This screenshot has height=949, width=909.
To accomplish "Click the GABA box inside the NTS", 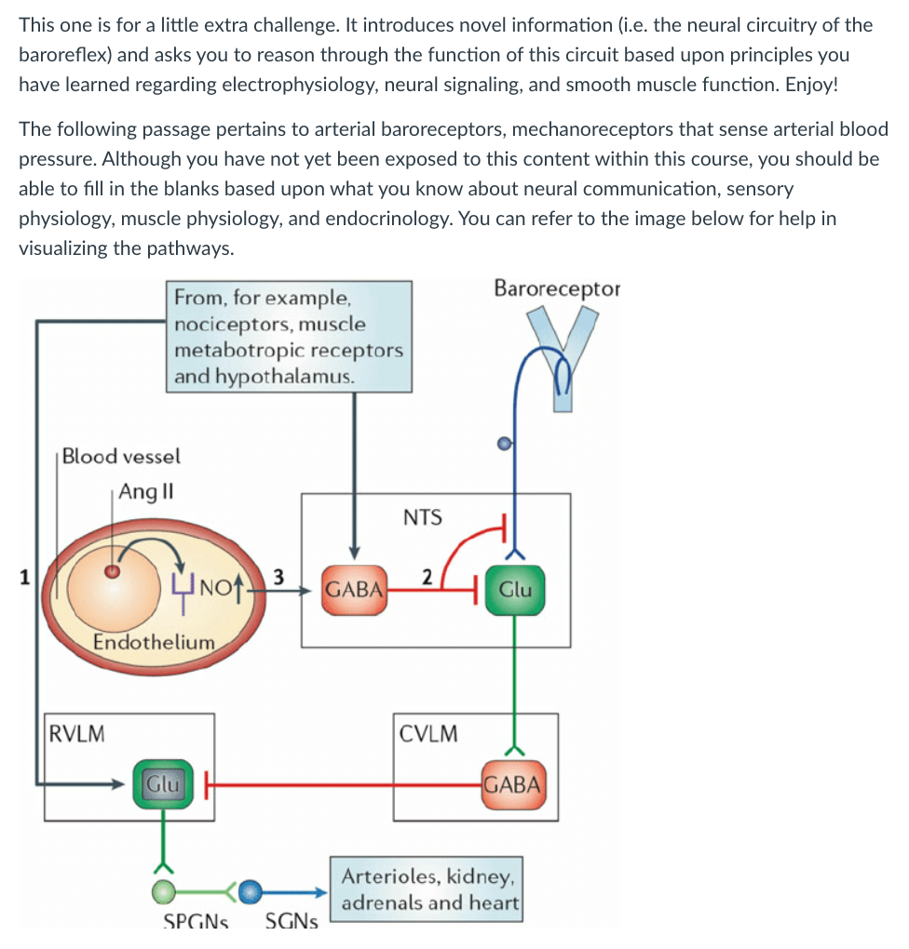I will (353, 589).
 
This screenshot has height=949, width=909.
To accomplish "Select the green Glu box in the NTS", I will (515, 589).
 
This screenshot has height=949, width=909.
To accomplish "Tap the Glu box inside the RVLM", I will (164, 783).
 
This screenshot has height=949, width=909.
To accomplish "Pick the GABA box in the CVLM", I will (511, 783).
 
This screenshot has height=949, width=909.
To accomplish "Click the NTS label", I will (422, 517).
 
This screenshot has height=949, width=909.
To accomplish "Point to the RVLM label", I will (77, 733).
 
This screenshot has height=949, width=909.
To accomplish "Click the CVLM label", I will (428, 733).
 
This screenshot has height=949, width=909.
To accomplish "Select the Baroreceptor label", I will (556, 287).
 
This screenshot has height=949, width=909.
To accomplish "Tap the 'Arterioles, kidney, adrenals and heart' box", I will (427, 889).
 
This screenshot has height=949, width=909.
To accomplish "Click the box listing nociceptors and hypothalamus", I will (289, 338).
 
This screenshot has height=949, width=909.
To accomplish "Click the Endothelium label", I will (154, 642).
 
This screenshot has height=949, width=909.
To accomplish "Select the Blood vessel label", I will (121, 457).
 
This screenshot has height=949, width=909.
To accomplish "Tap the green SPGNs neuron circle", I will (164, 892).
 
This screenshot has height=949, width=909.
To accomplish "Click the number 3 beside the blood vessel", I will (278, 572).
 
